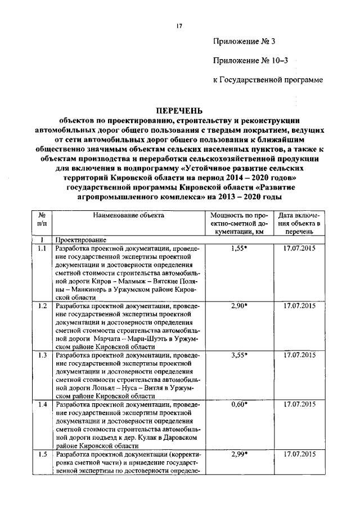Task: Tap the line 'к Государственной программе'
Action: [x=268, y=80]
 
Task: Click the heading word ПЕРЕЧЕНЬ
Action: [x=179, y=110]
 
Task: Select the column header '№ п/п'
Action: [x=42, y=219]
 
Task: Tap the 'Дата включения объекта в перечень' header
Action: [x=299, y=223]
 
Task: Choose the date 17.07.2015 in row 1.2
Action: [x=299, y=305]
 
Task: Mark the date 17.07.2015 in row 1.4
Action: [x=299, y=404]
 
